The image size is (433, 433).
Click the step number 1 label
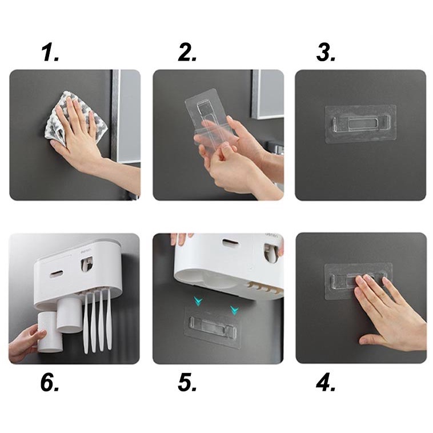[x=50, y=53]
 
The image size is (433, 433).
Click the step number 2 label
[x=187, y=53]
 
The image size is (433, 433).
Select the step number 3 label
[x=326, y=53]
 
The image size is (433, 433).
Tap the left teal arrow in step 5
[x=198, y=302]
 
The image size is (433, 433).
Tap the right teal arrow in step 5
[x=234, y=310]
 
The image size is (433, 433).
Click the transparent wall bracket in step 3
[x=360, y=124]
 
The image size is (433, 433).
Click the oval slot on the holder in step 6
[x=57, y=274]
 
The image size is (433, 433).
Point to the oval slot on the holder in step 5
[x=231, y=243]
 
